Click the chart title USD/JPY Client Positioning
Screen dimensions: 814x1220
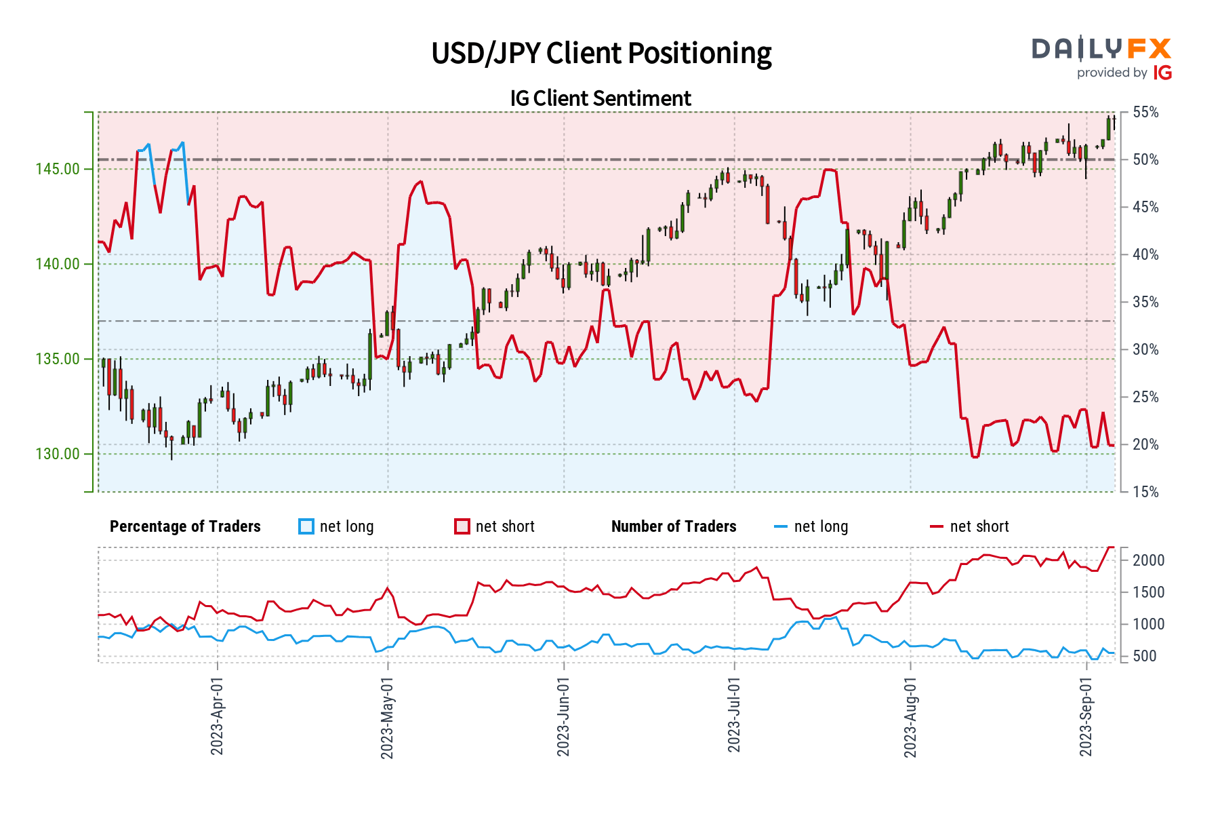(x=601, y=54)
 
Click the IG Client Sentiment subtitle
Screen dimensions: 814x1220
(x=601, y=98)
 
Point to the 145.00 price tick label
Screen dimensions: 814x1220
(x=58, y=169)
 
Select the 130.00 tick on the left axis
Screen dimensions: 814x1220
(x=58, y=454)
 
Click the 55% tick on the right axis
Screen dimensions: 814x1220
(x=1145, y=113)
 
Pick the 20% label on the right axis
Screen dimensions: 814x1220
(x=1145, y=445)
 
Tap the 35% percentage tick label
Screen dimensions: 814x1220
(x=1145, y=303)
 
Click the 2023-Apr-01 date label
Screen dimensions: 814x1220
(x=217, y=716)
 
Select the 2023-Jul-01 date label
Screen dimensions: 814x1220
(x=734, y=716)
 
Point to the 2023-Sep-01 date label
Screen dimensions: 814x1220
(x=1086, y=716)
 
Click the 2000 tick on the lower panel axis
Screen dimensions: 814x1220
(x=1149, y=560)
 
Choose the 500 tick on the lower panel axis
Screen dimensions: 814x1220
(x=1145, y=657)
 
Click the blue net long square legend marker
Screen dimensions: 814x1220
(x=306, y=526)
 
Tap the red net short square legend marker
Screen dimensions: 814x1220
(x=462, y=526)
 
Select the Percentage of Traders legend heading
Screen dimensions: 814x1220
(x=185, y=526)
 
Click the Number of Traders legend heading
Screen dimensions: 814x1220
(x=674, y=526)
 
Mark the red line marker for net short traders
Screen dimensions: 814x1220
(x=936, y=526)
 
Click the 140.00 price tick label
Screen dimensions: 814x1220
(x=58, y=264)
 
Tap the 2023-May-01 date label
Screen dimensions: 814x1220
(x=387, y=716)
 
